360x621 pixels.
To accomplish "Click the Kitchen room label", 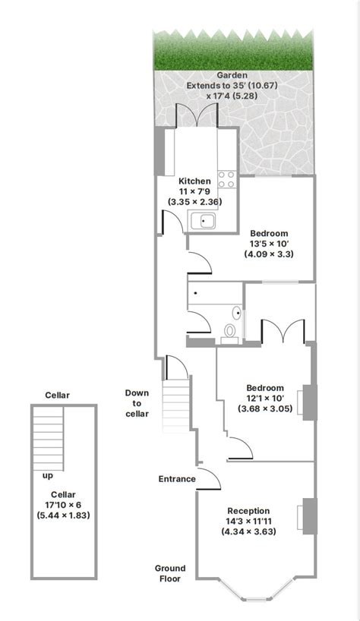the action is click(195, 181).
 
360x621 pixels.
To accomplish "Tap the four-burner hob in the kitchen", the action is click(227, 179).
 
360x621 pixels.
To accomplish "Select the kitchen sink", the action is click(204, 221).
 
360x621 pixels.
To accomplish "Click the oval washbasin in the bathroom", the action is click(237, 314).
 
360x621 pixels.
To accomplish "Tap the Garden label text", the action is click(232, 75).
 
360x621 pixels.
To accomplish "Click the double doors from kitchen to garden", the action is click(197, 115).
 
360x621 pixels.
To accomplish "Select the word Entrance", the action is click(177, 479).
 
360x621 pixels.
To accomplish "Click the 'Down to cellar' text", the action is click(137, 403).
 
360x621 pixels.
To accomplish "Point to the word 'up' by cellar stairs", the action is click(48, 476).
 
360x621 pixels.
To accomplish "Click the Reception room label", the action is click(248, 511).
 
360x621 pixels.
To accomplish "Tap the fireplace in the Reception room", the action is click(308, 516).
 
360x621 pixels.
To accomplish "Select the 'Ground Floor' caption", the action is click(170, 573).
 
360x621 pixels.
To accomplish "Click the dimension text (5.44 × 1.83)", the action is click(63, 515).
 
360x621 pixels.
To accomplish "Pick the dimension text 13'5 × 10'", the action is click(269, 244).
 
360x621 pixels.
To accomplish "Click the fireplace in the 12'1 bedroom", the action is click(308, 402).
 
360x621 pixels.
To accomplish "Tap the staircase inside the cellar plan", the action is click(48, 439).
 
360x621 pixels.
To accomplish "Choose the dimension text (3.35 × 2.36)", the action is click(194, 202).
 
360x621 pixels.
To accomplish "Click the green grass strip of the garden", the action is click(233, 51).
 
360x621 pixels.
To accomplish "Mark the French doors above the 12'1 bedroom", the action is click(283, 331).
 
